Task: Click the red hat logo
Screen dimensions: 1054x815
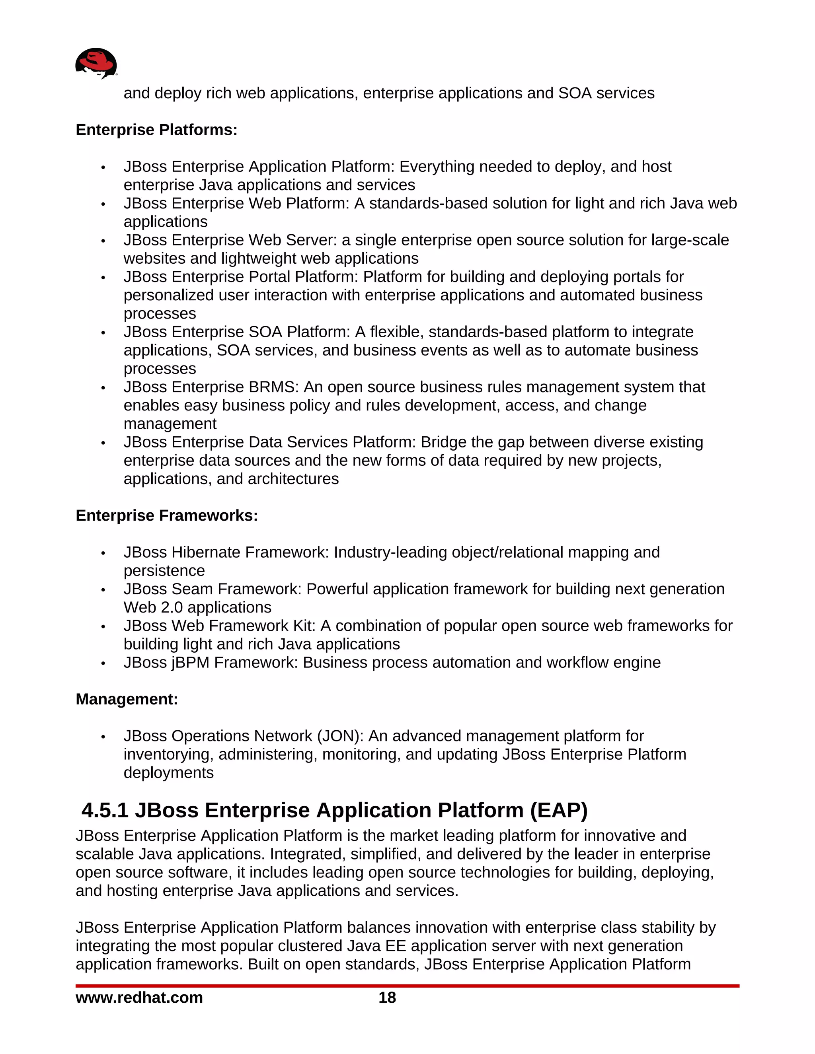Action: click(x=96, y=63)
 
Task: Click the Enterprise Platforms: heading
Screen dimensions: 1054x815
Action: click(x=156, y=130)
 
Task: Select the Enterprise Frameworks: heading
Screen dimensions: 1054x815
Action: click(x=167, y=515)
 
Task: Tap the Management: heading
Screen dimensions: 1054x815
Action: click(x=127, y=699)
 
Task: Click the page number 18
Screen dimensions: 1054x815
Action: click(x=387, y=998)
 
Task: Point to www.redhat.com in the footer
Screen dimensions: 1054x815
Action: click(x=139, y=998)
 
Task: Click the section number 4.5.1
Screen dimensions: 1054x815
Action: click(x=105, y=810)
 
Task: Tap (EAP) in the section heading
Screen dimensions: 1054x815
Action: click(x=559, y=810)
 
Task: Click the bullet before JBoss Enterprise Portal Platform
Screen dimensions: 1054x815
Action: click(x=103, y=278)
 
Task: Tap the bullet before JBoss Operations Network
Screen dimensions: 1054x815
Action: click(x=103, y=737)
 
